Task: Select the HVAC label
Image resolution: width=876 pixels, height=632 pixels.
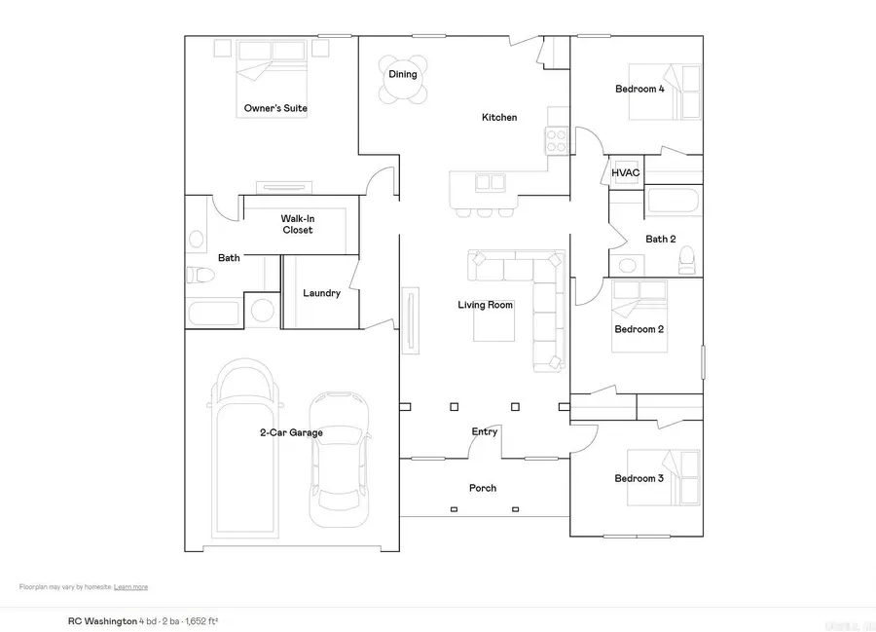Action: (626, 173)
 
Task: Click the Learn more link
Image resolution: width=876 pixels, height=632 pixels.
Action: (130, 587)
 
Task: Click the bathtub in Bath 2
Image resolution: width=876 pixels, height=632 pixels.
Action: (672, 203)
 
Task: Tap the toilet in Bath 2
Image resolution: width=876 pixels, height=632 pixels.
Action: (687, 258)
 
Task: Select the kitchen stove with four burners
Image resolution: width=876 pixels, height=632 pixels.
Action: (558, 141)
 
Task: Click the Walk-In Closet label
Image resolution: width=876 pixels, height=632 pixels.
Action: (297, 225)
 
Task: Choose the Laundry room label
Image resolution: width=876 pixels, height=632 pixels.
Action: (321, 293)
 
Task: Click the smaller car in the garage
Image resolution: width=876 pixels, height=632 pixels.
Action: (338, 458)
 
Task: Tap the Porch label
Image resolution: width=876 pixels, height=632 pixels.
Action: (483, 488)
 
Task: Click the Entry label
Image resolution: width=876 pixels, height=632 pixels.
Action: (485, 431)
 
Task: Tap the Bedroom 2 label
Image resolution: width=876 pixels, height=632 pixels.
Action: (639, 329)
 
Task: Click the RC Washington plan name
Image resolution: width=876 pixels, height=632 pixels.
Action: (101, 619)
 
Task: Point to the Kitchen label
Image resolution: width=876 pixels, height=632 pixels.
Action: (499, 118)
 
